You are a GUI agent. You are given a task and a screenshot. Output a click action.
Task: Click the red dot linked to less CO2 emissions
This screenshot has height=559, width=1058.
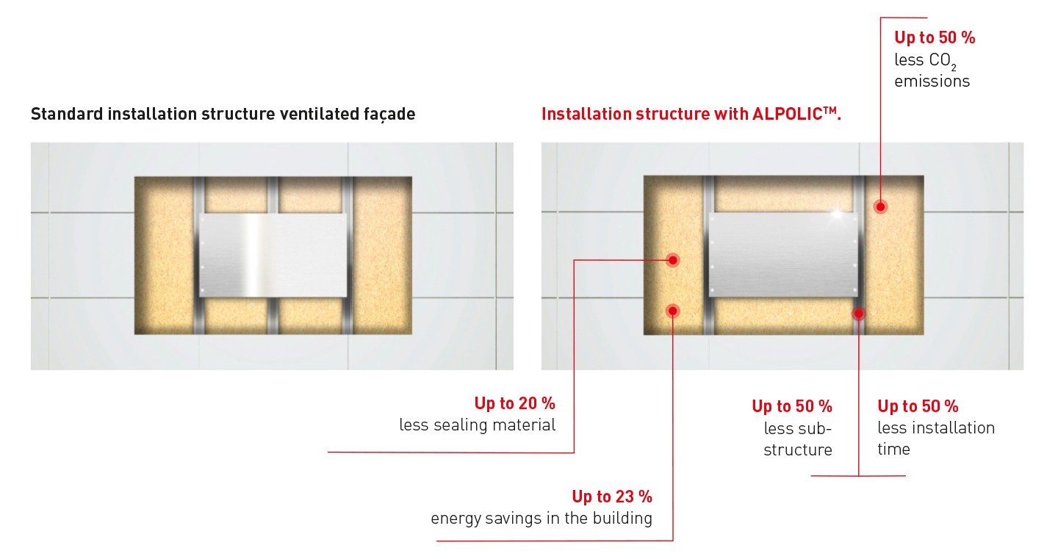880,206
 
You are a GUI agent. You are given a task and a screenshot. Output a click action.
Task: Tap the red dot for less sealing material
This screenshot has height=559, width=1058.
672,260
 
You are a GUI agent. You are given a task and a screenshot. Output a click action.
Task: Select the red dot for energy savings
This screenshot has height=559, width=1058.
672,311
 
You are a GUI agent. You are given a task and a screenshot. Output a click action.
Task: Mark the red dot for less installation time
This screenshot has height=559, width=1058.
858,314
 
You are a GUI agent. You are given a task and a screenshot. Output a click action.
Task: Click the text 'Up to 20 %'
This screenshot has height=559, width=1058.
514,403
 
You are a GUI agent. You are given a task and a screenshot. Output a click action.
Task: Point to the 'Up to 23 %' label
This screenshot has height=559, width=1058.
611,497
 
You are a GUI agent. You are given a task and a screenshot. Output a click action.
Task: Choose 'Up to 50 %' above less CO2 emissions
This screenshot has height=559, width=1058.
935,37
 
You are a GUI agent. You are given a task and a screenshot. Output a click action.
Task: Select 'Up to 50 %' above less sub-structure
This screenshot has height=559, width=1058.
791,406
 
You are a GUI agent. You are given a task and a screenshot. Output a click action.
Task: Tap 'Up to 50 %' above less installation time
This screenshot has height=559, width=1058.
918,406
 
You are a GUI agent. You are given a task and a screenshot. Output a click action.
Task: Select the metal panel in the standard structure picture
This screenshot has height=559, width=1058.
273,255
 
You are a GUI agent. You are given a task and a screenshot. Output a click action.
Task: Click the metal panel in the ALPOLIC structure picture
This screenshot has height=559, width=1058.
783,255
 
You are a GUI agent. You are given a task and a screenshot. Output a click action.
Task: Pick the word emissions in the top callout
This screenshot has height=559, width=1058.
932,82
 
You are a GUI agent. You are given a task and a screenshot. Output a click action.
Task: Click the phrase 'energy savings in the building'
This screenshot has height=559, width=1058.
541,519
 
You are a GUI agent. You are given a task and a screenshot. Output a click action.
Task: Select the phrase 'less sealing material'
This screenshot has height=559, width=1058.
477,425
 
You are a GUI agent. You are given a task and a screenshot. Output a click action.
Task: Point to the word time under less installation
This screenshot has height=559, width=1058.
893,450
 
